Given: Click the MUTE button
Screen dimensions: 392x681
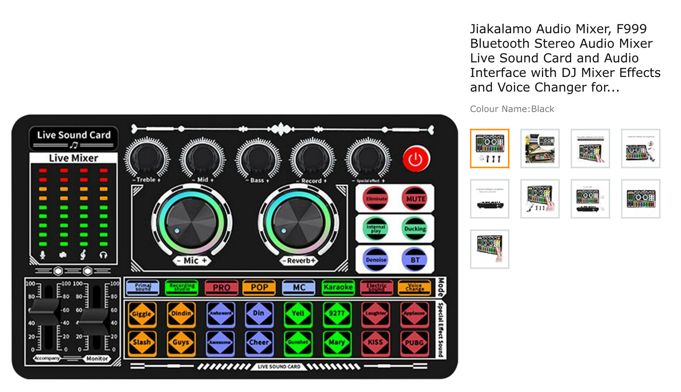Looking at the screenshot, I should coord(415,199).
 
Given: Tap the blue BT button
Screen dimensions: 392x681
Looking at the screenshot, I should coord(414,260).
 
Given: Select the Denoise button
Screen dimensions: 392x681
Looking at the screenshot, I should coord(376,260).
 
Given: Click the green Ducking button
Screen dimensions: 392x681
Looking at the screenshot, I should coord(414,229).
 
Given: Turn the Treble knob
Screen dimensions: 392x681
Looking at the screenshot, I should coord(147,158).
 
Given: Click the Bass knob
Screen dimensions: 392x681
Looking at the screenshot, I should coord(258,158).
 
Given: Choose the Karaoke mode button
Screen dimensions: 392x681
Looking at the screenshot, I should coord(338,287).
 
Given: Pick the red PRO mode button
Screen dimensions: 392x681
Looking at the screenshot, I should coord(221,287).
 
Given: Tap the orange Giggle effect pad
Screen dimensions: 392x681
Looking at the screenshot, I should coord(142,314).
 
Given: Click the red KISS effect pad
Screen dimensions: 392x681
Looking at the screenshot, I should coord(376,342).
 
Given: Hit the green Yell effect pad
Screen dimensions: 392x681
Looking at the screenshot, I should coord(298,314).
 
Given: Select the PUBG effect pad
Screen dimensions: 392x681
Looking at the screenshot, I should coord(414,342).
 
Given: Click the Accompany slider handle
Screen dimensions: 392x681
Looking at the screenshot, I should coord(45,311).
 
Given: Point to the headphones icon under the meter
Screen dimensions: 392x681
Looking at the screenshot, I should coord(103,255).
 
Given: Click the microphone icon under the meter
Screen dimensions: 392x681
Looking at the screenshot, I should coord(42,255).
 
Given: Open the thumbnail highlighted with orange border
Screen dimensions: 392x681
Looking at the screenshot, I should coord(490,148).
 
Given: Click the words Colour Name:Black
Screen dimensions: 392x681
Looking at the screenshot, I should coord(512,109).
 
